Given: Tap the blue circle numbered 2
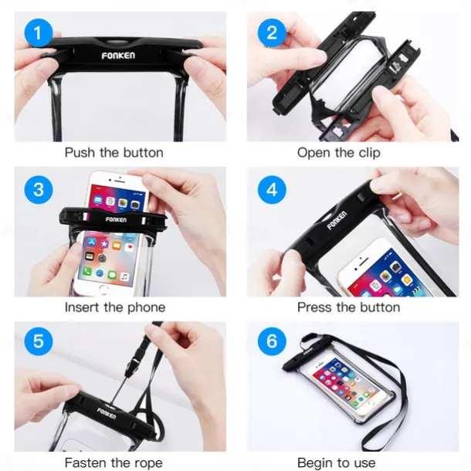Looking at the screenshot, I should [272, 33].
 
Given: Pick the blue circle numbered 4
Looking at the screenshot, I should [272, 188].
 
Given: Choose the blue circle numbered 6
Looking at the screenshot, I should [272, 341].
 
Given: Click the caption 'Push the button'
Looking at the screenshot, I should [114, 153].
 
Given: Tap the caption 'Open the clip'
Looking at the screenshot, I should [338, 153].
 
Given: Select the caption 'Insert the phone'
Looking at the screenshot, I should [114, 307].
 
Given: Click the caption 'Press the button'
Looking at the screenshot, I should [348, 307].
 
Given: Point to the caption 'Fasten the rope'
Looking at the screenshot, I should [114, 463].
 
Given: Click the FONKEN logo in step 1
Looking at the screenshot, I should [118, 56].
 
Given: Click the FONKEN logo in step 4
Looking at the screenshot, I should [336, 222].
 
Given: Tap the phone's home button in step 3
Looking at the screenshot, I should [104, 290].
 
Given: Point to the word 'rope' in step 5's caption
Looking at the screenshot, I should [147, 463].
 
